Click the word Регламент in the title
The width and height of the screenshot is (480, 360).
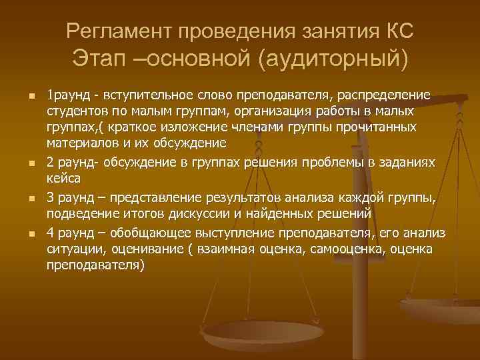coord(115,31)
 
